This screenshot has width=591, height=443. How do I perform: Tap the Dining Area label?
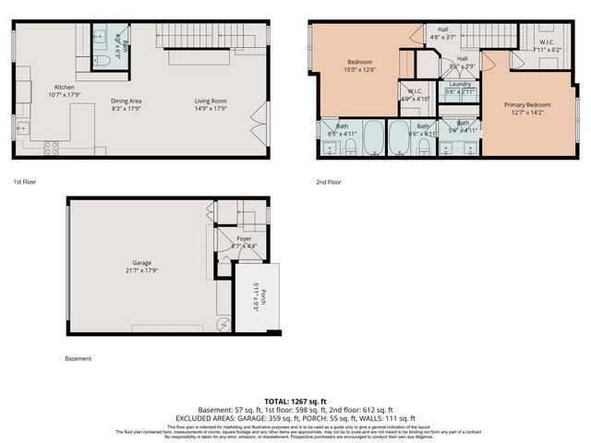[x=126, y=101]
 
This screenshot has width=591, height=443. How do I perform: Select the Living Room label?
[x=211, y=101]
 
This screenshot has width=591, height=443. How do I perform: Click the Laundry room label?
[x=460, y=84]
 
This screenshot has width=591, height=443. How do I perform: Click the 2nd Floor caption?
[x=329, y=182]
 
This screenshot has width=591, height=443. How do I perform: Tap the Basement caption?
[x=78, y=358]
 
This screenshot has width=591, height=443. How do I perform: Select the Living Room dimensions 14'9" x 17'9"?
[x=211, y=109]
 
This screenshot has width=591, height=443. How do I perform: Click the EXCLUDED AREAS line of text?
[x=295, y=417]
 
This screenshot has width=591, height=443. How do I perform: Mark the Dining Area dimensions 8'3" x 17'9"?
[x=126, y=109]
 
